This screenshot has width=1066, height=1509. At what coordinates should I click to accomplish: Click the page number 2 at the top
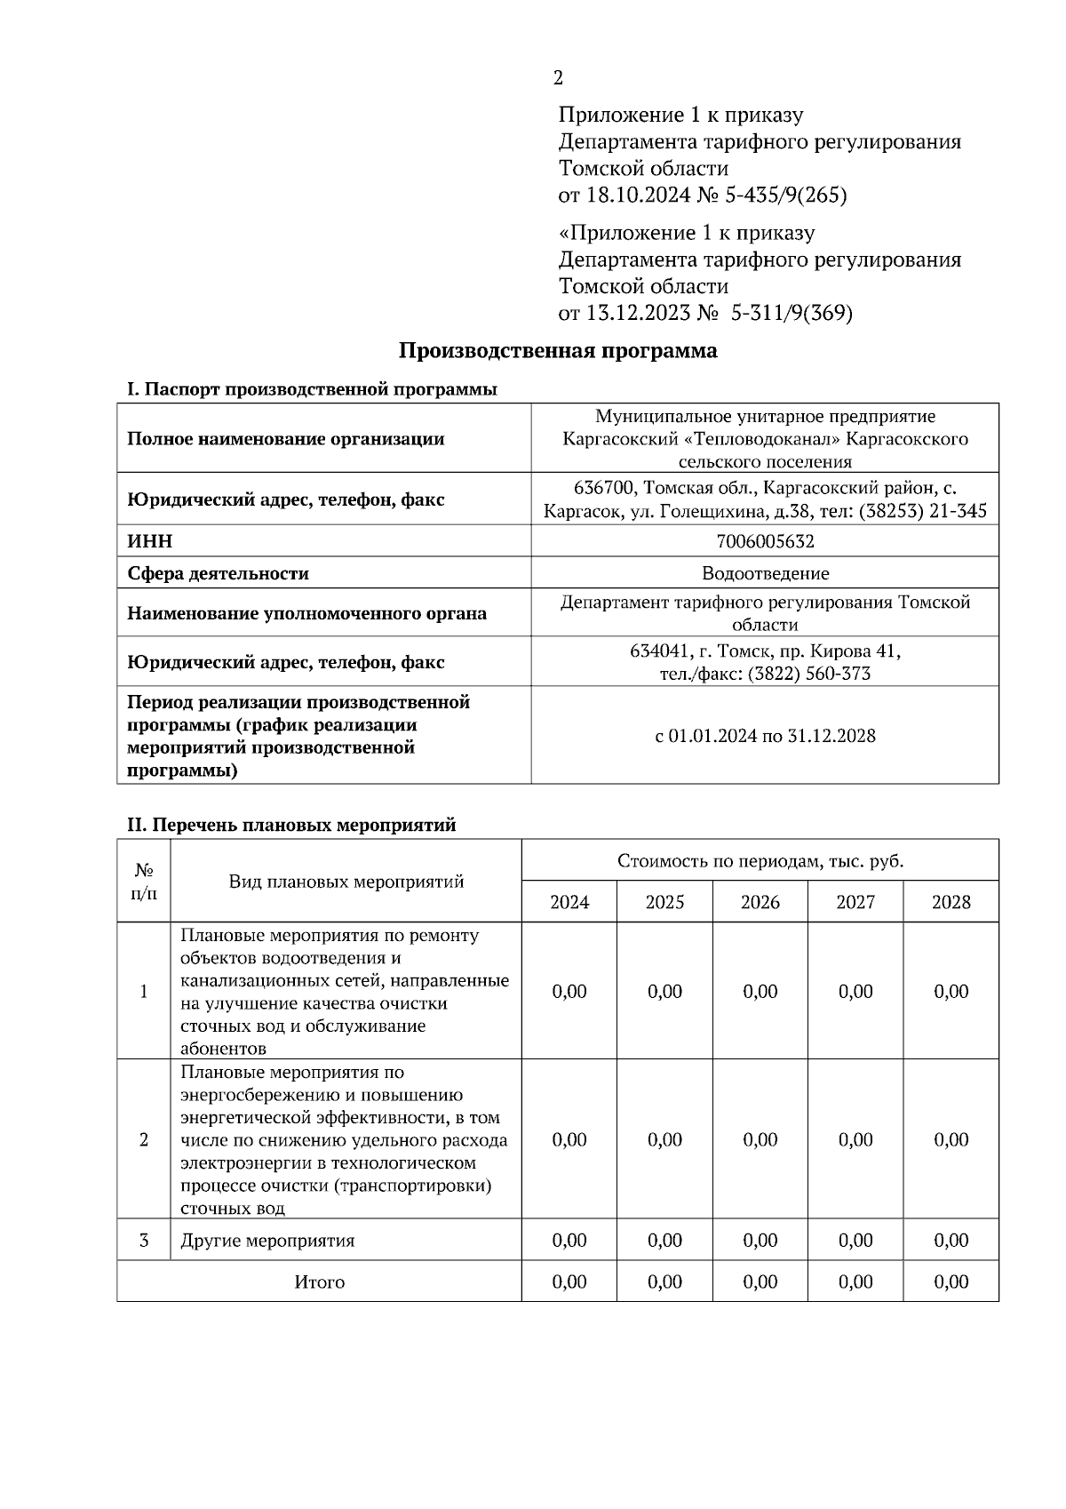pyautogui.click(x=558, y=78)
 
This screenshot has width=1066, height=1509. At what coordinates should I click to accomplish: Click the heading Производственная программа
pyautogui.click(x=557, y=350)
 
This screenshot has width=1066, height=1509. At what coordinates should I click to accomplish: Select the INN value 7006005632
pyautogui.click(x=764, y=541)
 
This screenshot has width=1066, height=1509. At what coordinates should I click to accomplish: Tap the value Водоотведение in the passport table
pyautogui.click(x=765, y=573)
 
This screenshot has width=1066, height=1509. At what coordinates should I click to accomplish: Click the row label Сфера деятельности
pyautogui.click(x=218, y=573)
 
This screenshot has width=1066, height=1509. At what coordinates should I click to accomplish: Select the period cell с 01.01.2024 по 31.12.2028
pyautogui.click(x=765, y=736)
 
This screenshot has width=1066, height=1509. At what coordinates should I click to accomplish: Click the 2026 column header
pyautogui.click(x=760, y=902)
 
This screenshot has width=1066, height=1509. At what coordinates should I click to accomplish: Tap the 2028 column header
pyautogui.click(x=951, y=902)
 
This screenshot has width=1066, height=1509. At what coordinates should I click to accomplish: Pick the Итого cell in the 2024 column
pyautogui.click(x=569, y=1281)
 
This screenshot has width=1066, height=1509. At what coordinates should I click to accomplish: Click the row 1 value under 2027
pyautogui.click(x=855, y=991)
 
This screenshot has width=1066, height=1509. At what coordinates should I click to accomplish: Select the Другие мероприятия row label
pyautogui.click(x=267, y=1241)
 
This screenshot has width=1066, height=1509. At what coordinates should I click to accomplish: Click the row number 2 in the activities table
pyautogui.click(x=144, y=1139)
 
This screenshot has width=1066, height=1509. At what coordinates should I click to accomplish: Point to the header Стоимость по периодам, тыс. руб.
pyautogui.click(x=760, y=860)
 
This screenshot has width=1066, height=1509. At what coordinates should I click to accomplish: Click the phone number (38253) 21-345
pyautogui.click(x=923, y=511)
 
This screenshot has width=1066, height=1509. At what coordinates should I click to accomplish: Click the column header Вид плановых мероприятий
pyautogui.click(x=346, y=882)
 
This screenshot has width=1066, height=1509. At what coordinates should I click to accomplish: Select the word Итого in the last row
pyautogui.click(x=320, y=1281)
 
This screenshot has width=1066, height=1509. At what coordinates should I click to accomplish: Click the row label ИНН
pyautogui.click(x=150, y=541)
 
